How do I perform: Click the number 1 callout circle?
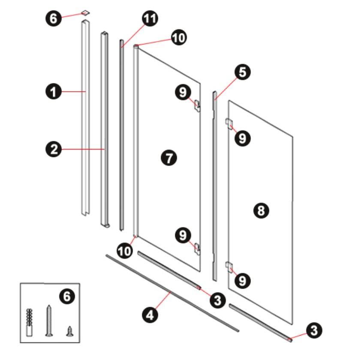pyautogui.click(x=54, y=92)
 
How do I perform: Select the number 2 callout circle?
pyautogui.click(x=54, y=149)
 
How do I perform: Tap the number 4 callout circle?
pyautogui.click(x=150, y=315)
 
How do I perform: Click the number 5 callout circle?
pyautogui.click(x=243, y=72)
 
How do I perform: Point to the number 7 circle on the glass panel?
pyautogui.click(x=169, y=158)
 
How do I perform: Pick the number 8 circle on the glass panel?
pyautogui.click(x=261, y=210)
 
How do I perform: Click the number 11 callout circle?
pyautogui.click(x=150, y=18)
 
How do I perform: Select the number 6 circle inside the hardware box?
pyautogui.click(x=67, y=296)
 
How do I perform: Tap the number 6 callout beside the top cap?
pyautogui.click(x=54, y=18)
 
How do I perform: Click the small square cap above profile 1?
pyautogui.click(x=85, y=13)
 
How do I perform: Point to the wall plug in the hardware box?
pyautogui.click(x=29, y=322)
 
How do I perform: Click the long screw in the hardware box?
pyautogui.click(x=49, y=321)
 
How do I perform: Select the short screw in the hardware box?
pyautogui.click(x=70, y=331)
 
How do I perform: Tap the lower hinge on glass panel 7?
pyautogui.click(x=198, y=249)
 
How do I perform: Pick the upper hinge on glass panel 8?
pyautogui.click(x=229, y=124)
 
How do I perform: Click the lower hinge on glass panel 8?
pyautogui.click(x=229, y=267)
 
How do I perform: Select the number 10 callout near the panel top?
pyautogui.click(x=179, y=38)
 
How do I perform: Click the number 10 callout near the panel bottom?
pyautogui.click(x=125, y=251)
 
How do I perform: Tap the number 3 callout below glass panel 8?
pyautogui.click(x=314, y=330)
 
